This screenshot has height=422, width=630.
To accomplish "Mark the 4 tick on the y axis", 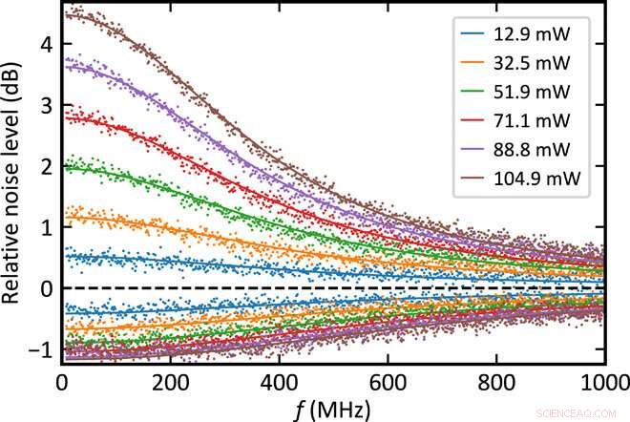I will [x=44, y=43].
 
